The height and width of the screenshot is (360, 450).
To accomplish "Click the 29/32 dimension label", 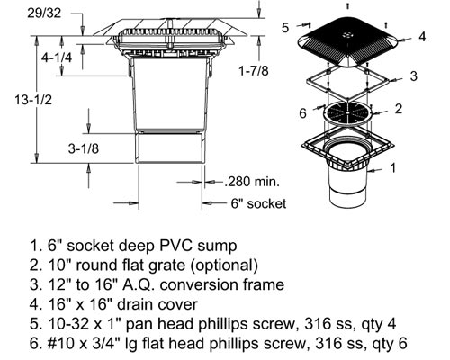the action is [x=44, y=13].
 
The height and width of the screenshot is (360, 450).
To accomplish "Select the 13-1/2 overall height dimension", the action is [x=33, y=99].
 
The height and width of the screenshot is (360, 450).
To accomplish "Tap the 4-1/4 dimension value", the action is [x=57, y=58].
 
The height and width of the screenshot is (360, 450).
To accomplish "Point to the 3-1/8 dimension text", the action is [x=84, y=148].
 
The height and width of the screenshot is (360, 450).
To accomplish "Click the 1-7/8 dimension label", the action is [x=254, y=71].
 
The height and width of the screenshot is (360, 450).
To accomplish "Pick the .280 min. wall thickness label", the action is [x=252, y=182].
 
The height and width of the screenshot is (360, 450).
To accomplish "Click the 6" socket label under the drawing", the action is [x=258, y=203].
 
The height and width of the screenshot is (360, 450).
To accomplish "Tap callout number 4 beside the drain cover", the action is [x=422, y=37].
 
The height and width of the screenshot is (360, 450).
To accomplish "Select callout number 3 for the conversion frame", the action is [x=414, y=76].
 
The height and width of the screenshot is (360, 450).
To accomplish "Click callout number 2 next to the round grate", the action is [x=399, y=108].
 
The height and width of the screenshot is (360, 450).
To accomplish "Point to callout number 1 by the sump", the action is [x=393, y=167].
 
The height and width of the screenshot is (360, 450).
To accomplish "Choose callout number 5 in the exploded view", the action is [x=285, y=28].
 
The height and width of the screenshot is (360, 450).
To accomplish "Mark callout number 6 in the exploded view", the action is [x=303, y=113].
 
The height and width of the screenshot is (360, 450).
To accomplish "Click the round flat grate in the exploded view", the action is [x=347, y=113].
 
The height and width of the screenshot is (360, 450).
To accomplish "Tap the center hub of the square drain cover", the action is [x=347, y=35].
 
